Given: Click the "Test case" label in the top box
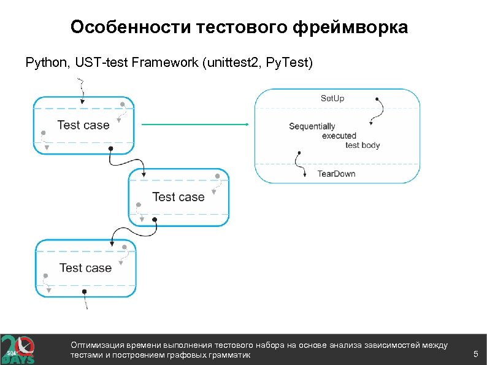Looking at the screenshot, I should [x=83, y=125].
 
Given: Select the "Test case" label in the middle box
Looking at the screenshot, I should [x=178, y=197].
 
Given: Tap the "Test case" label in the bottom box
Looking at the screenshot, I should [x=85, y=268].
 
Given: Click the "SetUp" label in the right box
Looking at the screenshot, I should [x=333, y=98].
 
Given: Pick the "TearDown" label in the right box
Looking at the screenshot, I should [x=336, y=174].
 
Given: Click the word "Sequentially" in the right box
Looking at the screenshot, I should [x=312, y=126].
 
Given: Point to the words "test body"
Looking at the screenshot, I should [x=362, y=145].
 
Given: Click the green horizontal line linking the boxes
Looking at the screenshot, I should [x=194, y=125].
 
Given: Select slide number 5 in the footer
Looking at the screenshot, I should [x=475, y=354].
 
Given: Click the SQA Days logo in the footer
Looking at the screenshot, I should [x=18, y=350].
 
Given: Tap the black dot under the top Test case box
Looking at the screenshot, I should [x=110, y=149].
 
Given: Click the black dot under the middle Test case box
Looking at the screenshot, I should [x=155, y=219].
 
